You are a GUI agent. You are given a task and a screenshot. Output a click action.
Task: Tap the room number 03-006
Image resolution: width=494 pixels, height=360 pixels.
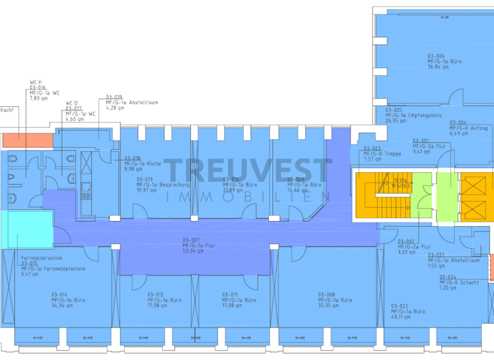[x=436, y=56]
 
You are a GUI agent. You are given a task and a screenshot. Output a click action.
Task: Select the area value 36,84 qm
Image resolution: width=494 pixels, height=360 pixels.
[x=438, y=67]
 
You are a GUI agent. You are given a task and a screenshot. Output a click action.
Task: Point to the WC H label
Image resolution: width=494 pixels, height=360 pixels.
[x=36, y=82]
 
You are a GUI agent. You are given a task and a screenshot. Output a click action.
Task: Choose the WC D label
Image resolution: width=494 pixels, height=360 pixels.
[x=71, y=103]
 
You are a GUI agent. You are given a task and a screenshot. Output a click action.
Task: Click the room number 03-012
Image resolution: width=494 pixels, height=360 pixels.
[x=156, y=294]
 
